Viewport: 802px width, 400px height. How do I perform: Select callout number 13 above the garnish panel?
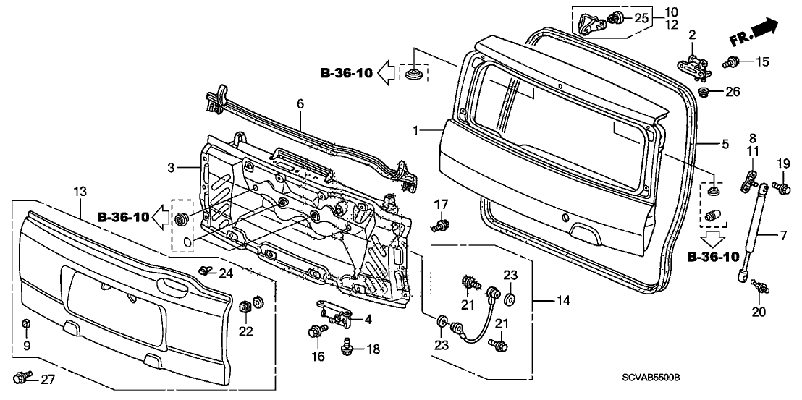point(80,192)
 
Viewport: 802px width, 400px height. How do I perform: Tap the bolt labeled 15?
point(730,62)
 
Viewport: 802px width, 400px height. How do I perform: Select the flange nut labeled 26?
point(704,93)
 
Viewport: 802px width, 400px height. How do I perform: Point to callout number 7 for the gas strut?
point(783,236)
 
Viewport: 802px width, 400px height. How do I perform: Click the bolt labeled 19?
point(782,187)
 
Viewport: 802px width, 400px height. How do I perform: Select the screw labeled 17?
point(439,225)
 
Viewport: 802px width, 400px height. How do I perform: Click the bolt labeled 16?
point(317,332)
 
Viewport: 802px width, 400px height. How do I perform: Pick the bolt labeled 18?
point(348,348)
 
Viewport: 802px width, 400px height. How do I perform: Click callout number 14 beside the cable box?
point(562,300)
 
